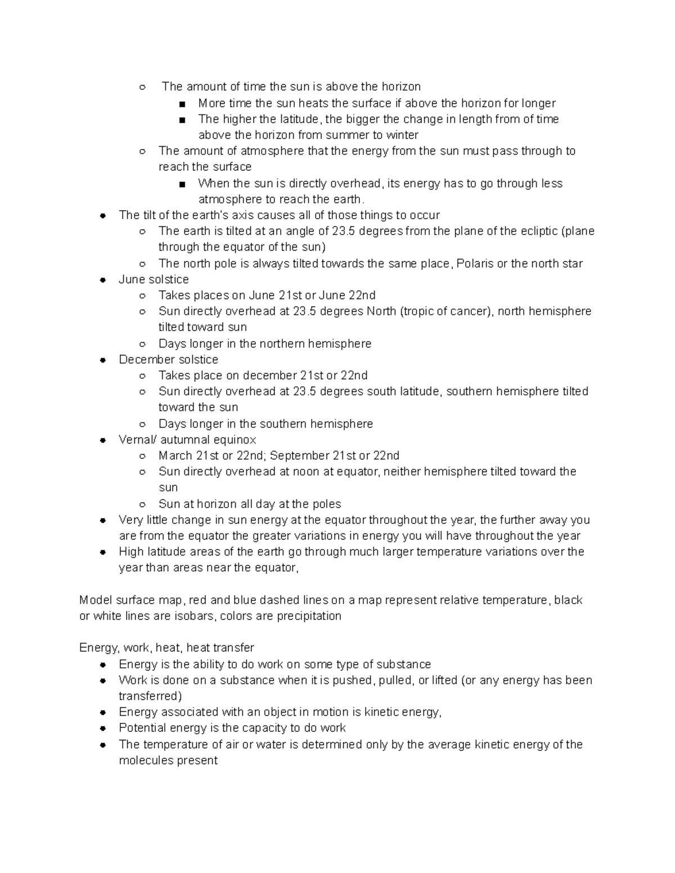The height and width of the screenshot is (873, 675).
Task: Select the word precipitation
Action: pyautogui.click(x=308, y=616)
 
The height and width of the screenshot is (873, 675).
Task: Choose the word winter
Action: pyautogui.click(x=402, y=135)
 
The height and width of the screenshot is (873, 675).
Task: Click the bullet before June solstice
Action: pyautogui.click(x=103, y=279)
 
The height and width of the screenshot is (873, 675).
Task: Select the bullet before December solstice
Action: pyautogui.click(x=103, y=360)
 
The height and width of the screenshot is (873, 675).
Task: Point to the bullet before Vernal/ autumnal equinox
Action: pyautogui.click(x=103, y=440)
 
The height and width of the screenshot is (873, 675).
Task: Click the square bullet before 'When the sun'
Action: pyautogui.click(x=182, y=184)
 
